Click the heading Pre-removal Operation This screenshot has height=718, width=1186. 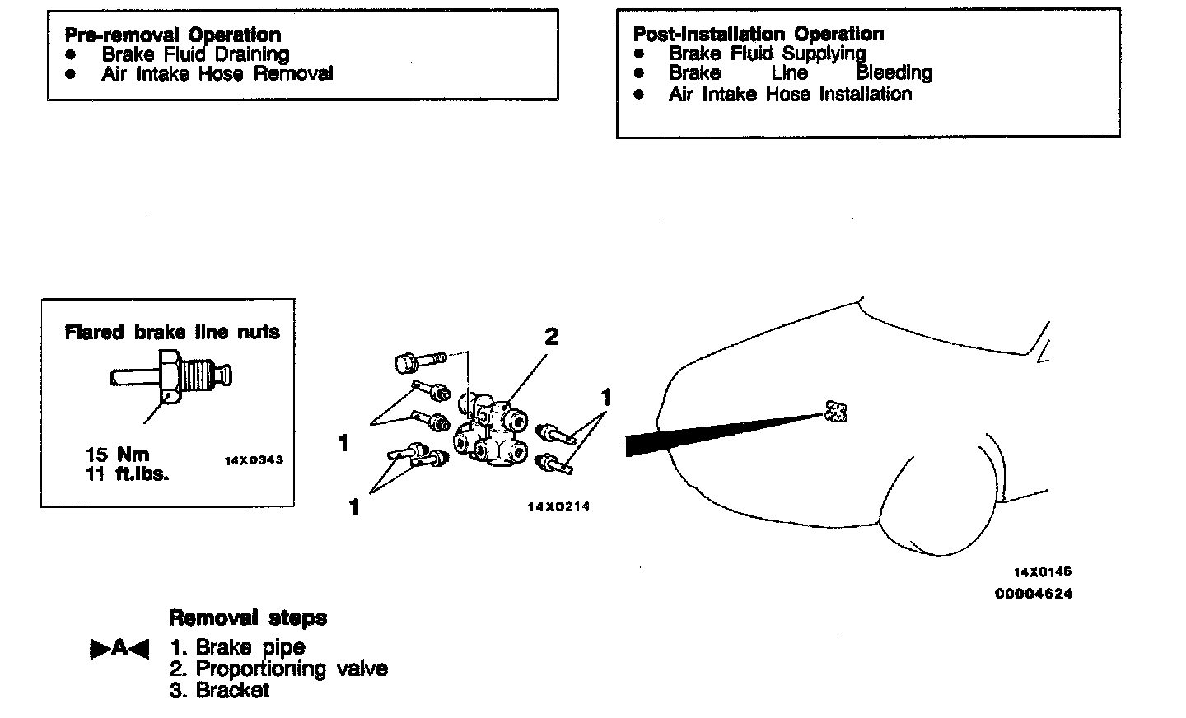click(172, 35)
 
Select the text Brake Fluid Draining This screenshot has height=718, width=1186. click(195, 54)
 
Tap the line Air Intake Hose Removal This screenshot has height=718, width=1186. click(217, 74)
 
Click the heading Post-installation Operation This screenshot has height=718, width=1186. click(758, 34)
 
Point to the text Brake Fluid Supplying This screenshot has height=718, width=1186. click(767, 54)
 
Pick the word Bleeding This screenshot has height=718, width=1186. click(894, 72)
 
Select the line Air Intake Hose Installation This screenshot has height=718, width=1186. click(790, 94)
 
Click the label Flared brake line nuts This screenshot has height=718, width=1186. click(172, 333)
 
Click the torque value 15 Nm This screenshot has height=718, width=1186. click(118, 455)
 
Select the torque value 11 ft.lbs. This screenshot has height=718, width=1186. click(127, 474)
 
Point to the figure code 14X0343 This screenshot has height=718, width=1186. click(254, 460)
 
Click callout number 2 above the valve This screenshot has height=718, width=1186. click(551, 336)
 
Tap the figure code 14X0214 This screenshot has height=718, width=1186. click(558, 506)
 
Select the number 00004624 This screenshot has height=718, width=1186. click(1034, 593)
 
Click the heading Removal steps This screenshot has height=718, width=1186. click(247, 618)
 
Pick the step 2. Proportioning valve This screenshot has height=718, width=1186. click(278, 669)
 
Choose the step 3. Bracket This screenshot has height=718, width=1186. click(220, 690)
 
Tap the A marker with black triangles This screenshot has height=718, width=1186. click(119, 649)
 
